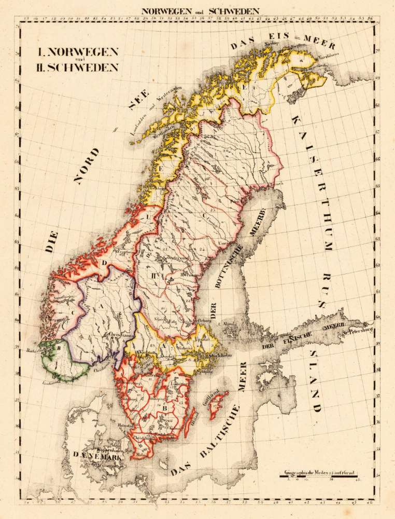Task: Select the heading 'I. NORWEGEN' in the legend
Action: [x=77, y=52]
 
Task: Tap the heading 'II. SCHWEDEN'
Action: [x=77, y=67]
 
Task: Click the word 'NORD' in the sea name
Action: [x=86, y=166]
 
